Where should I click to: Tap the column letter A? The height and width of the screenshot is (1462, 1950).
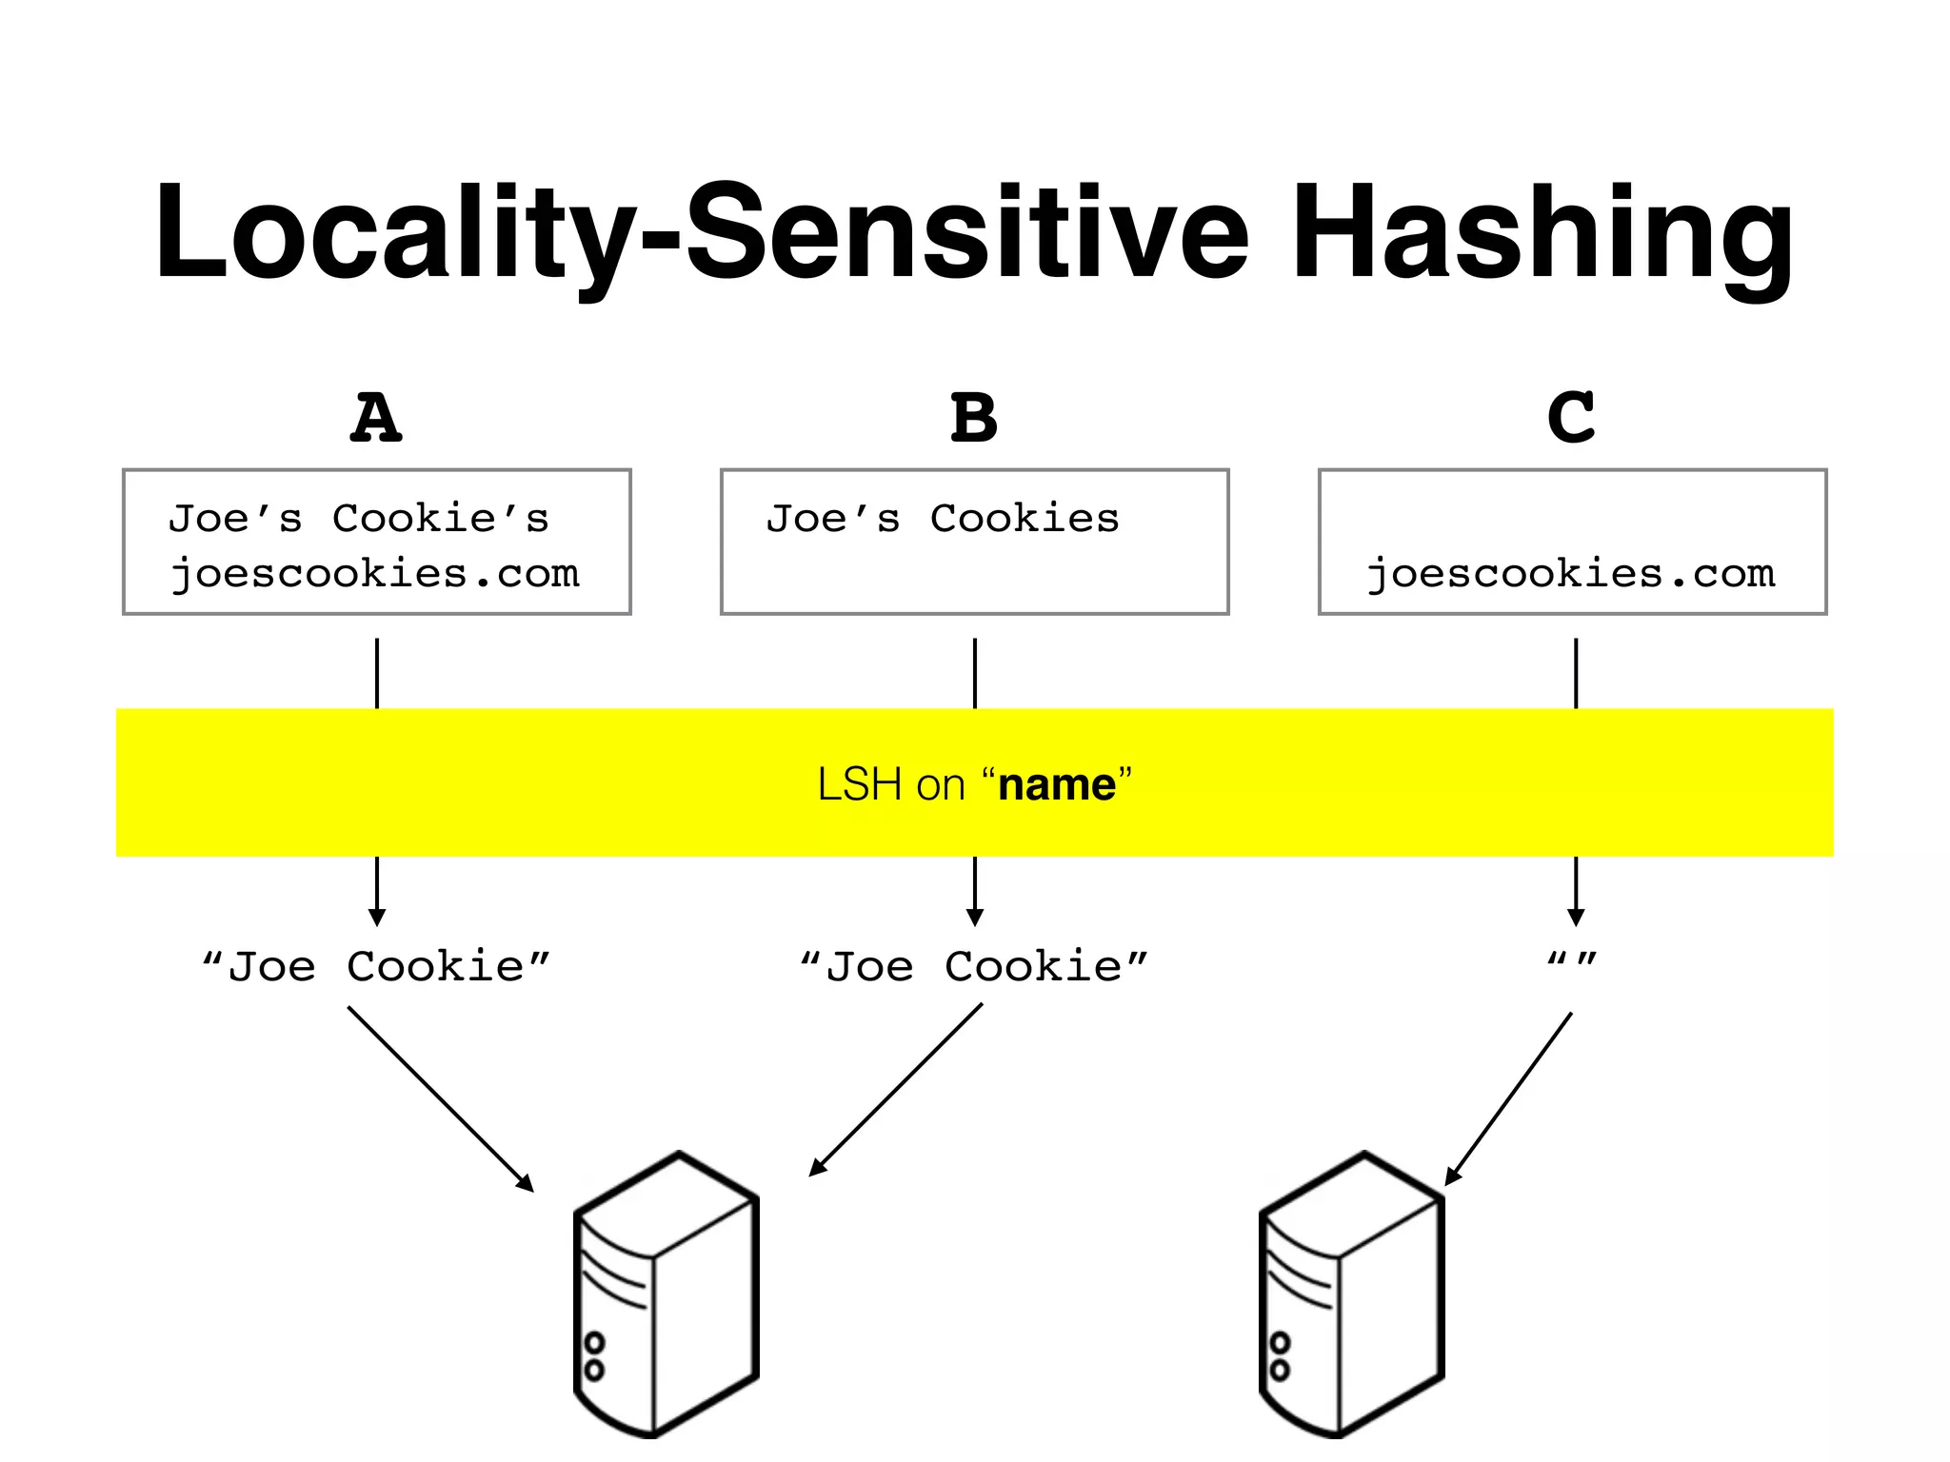(376, 419)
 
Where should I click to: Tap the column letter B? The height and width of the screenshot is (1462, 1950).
(974, 419)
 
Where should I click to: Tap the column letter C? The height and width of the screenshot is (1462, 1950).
(1571, 419)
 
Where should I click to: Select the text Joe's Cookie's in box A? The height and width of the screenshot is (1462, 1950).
(359, 519)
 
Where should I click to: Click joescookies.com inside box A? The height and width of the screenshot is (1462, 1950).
(375, 573)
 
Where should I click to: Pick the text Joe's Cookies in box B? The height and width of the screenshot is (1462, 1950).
(943, 519)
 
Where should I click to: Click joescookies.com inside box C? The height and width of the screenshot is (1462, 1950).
(1571, 573)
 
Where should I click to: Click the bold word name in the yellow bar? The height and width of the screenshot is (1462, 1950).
(1056, 785)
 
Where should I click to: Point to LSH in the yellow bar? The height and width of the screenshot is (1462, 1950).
(859, 785)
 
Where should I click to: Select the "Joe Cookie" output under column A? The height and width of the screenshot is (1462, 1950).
(376, 967)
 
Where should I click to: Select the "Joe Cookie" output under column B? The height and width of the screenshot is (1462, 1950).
(974, 967)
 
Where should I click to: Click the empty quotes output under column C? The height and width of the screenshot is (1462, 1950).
(1572, 959)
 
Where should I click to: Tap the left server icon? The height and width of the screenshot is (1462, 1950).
(667, 1294)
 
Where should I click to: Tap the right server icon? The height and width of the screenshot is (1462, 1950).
(1352, 1294)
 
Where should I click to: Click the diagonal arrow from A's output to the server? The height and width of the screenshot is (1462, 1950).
(440, 1098)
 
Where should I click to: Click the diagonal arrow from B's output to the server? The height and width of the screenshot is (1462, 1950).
(895, 1090)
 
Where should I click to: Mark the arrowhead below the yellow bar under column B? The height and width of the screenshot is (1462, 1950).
(974, 917)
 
